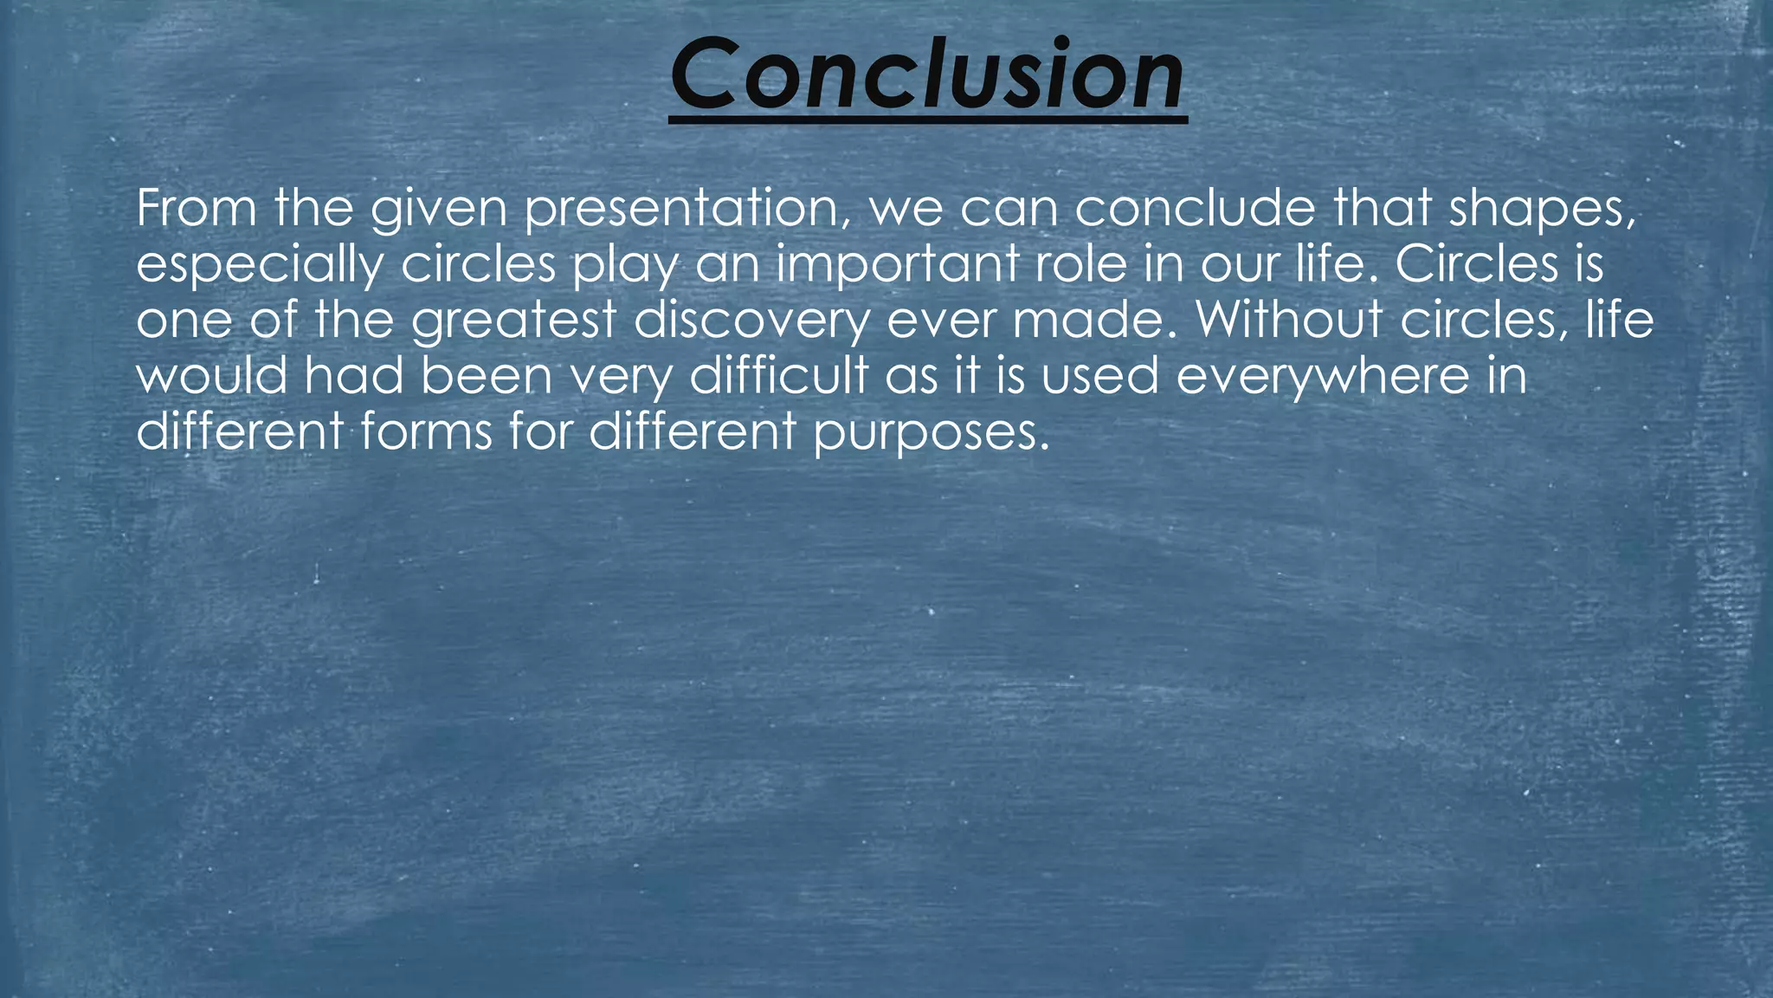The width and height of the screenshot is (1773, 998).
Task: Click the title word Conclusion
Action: tap(927, 76)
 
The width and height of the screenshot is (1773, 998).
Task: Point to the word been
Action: tap(487, 376)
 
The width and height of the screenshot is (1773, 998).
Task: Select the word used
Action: tap(1099, 376)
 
